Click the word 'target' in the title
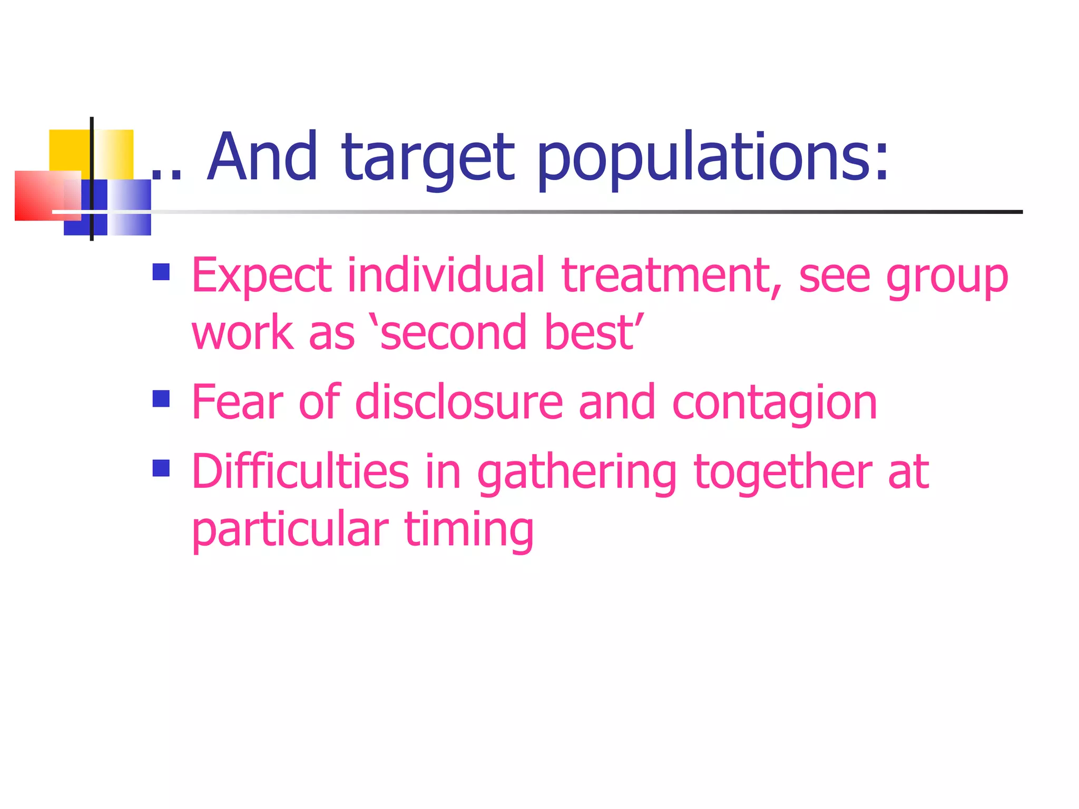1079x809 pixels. [427, 158]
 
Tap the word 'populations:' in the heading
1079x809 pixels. [713, 158]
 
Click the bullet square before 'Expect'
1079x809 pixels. [161, 272]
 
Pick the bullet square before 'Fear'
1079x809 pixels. [161, 399]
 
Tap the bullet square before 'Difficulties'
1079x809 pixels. [161, 468]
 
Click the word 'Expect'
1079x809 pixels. [261, 277]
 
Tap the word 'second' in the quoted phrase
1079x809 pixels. [453, 333]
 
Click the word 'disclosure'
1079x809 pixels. [459, 402]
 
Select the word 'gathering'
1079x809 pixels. [576, 473]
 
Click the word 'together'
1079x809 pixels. [782, 473]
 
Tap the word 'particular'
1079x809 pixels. [290, 530]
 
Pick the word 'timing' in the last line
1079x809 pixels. [469, 530]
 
